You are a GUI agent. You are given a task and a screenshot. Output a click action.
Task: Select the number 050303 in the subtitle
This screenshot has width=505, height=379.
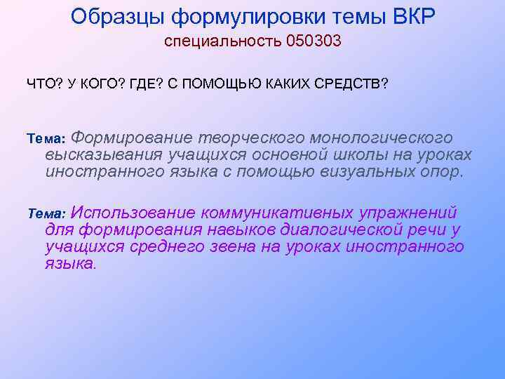click(x=314, y=41)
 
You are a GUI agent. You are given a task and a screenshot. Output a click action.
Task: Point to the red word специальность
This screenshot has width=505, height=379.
click(x=223, y=42)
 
